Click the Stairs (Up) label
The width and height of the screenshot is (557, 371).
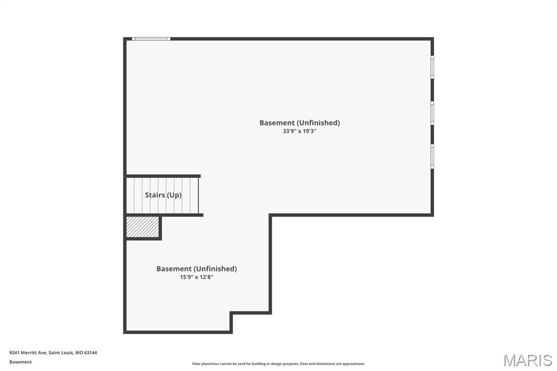click(163, 195)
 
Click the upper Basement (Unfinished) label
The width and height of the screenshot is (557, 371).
click(299, 122)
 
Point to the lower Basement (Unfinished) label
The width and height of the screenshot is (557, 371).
click(196, 269)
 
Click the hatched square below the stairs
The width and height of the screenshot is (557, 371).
click(143, 227)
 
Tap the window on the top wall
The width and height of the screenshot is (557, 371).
click(151, 39)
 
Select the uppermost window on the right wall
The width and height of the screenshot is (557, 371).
click(432, 67)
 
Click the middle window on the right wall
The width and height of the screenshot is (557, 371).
click(432, 113)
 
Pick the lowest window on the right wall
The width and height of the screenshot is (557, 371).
click(432, 156)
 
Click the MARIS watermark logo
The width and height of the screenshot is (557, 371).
click(527, 360)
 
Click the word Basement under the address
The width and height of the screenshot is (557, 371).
click(21, 362)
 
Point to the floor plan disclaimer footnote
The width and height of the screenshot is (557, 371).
click(278, 364)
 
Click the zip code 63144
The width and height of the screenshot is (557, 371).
click(91, 353)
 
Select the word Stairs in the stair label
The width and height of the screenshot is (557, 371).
click(154, 195)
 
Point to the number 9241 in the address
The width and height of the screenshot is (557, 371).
click(15, 353)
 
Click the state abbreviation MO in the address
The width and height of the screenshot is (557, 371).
click(79, 353)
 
